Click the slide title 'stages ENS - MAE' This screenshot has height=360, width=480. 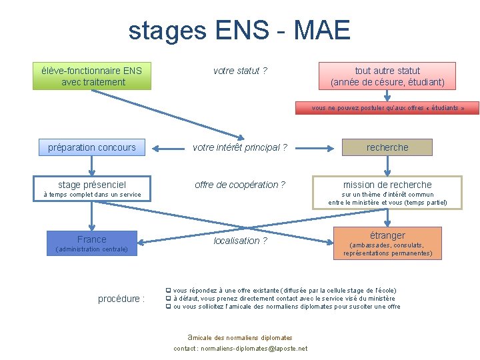click(x=239, y=30)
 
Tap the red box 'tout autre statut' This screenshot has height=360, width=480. click(x=387, y=76)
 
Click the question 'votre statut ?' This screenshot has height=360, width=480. click(x=240, y=71)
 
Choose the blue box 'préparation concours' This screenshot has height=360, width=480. click(x=92, y=147)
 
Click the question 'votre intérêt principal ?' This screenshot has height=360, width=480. click(x=240, y=147)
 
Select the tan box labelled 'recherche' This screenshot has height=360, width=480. click(x=387, y=147)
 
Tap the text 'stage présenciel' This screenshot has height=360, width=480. click(x=92, y=185)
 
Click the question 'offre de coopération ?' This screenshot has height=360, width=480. click(x=240, y=185)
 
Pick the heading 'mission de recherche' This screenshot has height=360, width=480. click(x=387, y=185)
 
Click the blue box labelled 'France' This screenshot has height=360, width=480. click(x=92, y=239)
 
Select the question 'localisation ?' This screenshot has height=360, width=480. click(x=240, y=241)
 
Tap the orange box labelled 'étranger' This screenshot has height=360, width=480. click(x=387, y=235)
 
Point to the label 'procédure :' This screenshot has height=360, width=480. click(x=121, y=299)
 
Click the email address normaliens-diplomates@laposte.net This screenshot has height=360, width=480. click(x=254, y=349)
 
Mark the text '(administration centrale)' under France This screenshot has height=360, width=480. click(x=92, y=249)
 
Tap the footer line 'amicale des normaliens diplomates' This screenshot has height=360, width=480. click(x=240, y=338)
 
